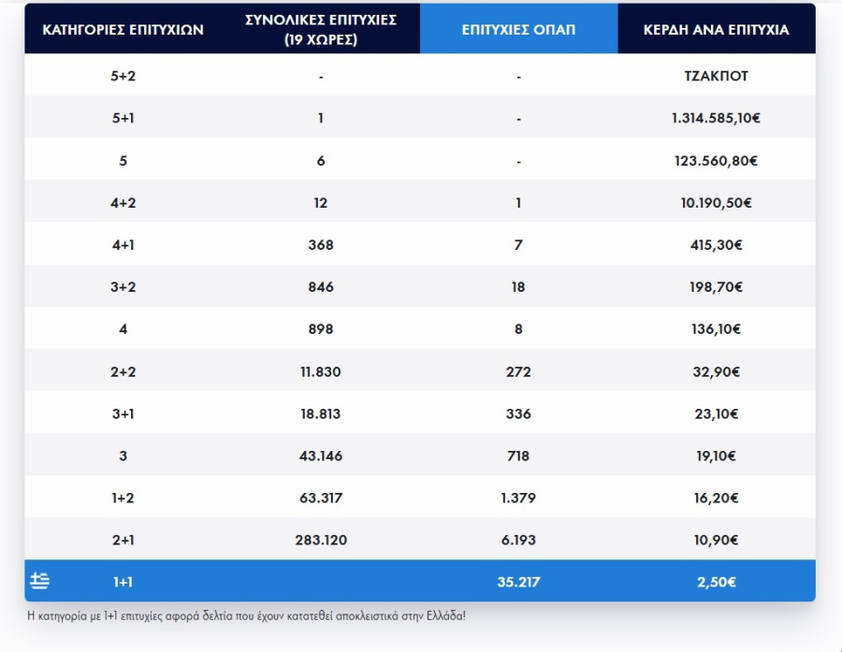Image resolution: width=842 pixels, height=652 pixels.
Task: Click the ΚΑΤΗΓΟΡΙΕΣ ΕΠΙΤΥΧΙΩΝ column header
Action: click(x=123, y=29)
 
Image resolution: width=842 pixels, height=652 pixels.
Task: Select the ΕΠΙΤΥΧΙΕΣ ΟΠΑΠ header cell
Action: click(x=518, y=29)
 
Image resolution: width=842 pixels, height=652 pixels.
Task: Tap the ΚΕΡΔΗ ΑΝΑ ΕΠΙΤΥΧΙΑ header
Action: click(x=716, y=29)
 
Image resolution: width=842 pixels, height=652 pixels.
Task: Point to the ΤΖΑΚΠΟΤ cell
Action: click(x=716, y=76)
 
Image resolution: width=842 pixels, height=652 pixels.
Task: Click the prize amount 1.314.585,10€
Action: click(x=716, y=119)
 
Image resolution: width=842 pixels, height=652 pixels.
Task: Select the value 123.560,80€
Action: click(x=716, y=161)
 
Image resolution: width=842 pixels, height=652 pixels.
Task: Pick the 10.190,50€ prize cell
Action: click(x=716, y=203)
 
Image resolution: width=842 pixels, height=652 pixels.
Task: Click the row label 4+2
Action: click(x=123, y=203)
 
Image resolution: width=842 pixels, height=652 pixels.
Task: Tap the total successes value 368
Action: click(x=321, y=245)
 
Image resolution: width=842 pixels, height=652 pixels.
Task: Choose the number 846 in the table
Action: click(x=321, y=287)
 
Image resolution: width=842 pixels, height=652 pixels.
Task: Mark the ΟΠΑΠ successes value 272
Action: click(x=518, y=371)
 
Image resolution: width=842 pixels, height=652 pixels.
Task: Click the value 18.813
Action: click(x=321, y=413)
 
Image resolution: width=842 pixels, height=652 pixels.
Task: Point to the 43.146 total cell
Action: click(x=321, y=456)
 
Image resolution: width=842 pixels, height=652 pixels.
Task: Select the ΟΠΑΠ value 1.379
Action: click(x=518, y=498)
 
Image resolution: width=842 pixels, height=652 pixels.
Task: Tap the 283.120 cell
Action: click(x=321, y=540)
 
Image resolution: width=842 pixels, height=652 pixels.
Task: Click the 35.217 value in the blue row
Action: click(x=518, y=582)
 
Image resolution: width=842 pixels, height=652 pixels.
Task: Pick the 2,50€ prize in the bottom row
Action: click(x=716, y=582)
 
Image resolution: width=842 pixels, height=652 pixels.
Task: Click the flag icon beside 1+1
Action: click(x=39, y=582)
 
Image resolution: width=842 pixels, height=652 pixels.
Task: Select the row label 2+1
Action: click(x=123, y=540)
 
